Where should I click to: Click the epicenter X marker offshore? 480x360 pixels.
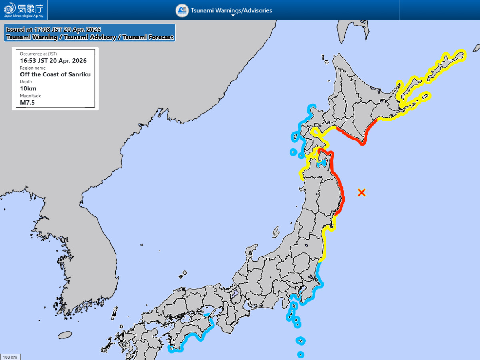(362, 192)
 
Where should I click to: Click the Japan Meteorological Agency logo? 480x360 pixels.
(24, 10)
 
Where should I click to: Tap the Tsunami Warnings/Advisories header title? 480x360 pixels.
(231, 10)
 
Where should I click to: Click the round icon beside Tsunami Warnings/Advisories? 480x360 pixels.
(182, 10)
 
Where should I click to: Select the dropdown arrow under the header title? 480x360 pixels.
(233, 16)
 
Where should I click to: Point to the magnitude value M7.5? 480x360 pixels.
(27, 102)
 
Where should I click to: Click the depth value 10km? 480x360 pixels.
(28, 88)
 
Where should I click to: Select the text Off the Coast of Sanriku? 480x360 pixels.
(55, 74)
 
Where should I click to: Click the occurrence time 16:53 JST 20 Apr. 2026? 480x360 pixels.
(53, 61)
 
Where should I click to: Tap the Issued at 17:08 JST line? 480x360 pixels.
(54, 30)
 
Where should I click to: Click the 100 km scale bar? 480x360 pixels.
(10, 357)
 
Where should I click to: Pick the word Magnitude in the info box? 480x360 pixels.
(30, 96)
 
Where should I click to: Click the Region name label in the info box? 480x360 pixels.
(33, 68)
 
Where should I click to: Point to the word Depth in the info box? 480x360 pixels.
(26, 82)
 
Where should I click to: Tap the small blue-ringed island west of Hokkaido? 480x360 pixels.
(293, 152)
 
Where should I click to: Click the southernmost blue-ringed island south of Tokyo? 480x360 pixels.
(300, 354)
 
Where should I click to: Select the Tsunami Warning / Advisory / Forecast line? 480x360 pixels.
(90, 37)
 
